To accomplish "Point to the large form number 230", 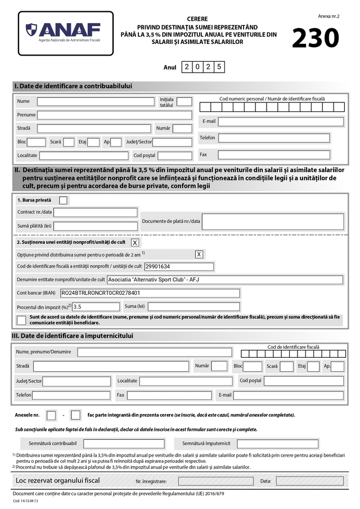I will pyautogui.click(x=316, y=38).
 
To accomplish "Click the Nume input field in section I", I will pyautogui.click(x=96, y=102).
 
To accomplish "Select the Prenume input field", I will pyautogui.click(x=114, y=115).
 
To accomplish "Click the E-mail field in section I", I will pyautogui.click(x=281, y=121).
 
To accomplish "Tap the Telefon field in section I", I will pyautogui.click(x=274, y=138).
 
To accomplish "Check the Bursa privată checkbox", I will pyautogui.click(x=64, y=200).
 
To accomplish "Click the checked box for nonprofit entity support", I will pyautogui.click(x=135, y=242).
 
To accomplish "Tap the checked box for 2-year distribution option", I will pyautogui.click(x=199, y=254).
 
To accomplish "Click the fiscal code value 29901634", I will pyautogui.click(x=179, y=267).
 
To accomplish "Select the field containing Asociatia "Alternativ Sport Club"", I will pyautogui.click(x=224, y=280).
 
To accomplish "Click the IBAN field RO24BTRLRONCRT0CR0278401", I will pyautogui.click(x=150, y=293).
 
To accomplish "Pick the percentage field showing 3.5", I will pyautogui.click(x=96, y=307).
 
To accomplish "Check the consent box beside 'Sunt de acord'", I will pyautogui.click(x=21, y=320).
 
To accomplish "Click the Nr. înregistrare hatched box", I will pyautogui.click(x=215, y=481).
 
